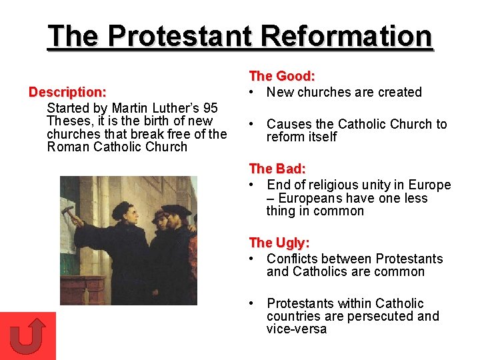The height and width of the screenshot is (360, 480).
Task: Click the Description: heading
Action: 67,91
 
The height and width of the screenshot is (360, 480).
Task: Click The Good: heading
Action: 282,77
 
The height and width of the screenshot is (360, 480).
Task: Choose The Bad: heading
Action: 277,169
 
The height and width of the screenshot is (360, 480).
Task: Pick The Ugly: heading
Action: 279,243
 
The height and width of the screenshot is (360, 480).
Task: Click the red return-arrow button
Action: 28,335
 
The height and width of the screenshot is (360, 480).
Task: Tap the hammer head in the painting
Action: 67,210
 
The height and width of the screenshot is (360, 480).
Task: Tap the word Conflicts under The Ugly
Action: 293,259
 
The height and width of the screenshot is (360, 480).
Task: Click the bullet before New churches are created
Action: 253,93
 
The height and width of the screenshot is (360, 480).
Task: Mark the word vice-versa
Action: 297,329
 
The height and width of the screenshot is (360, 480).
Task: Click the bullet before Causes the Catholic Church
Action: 253,125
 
